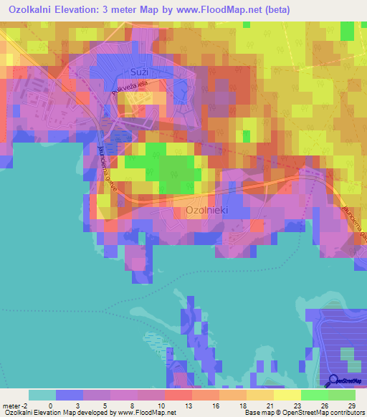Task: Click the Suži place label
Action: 139,72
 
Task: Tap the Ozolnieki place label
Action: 207,211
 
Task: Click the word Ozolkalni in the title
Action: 35,11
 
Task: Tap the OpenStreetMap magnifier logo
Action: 334,381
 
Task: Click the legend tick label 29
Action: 351,405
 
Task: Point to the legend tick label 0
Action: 50,405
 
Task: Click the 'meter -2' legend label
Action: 15,405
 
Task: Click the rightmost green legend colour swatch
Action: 342,395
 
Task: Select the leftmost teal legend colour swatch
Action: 42,395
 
